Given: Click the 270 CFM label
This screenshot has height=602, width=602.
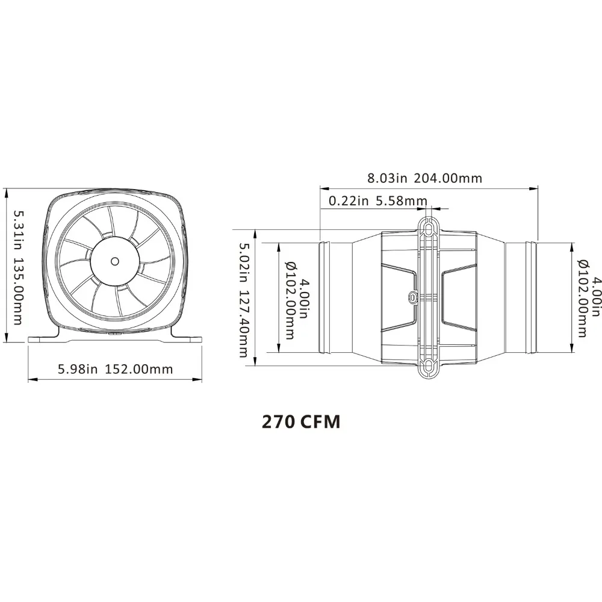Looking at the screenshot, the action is tap(301, 421).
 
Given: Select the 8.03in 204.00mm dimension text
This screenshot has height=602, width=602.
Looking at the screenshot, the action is tap(424, 178).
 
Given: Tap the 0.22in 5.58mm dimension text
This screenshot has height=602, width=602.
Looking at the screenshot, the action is tap(378, 201).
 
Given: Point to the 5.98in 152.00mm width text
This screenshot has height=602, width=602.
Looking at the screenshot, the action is tap(115, 369).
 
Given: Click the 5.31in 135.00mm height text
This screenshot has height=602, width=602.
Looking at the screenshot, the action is tap(17, 267).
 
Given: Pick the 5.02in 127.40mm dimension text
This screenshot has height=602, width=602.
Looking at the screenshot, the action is tap(243, 300).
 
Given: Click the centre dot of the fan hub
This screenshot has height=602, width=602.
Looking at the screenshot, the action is tap(115, 261).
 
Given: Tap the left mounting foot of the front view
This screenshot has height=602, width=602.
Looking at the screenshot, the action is tap(44, 335).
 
